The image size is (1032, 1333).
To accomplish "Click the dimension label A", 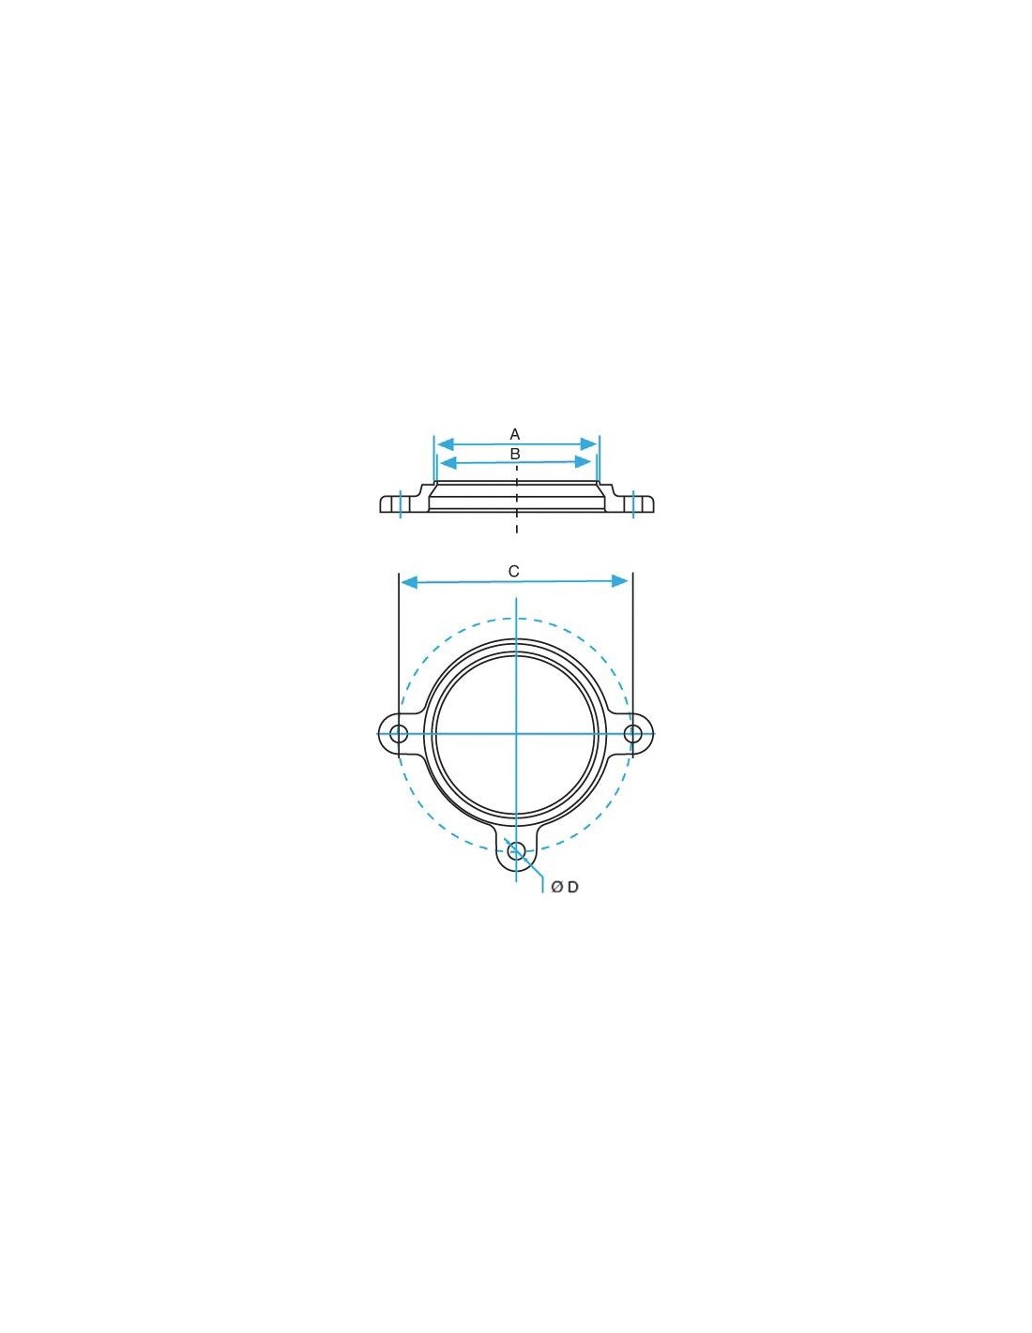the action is click(514, 434).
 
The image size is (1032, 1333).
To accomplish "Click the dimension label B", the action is click(515, 455).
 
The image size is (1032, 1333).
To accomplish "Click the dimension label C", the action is click(514, 572).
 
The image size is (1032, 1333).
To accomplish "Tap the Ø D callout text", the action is click(564, 887).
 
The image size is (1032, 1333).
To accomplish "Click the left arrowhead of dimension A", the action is click(445, 443).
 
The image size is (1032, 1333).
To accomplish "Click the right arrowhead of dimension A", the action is click(588, 443).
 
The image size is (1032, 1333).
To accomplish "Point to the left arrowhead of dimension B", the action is click(448, 462).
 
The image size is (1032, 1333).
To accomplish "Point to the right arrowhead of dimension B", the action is click(584, 462).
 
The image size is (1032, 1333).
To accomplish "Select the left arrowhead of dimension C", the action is click(409, 582).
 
